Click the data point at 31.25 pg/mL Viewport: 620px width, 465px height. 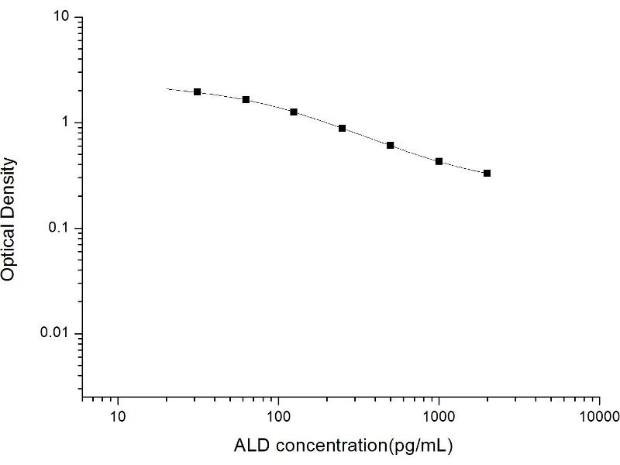[198, 91]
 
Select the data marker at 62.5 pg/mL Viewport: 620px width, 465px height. [246, 99]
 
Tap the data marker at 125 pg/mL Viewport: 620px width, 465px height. [294, 112]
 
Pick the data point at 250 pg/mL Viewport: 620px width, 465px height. [342, 128]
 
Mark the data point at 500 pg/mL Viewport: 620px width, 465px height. [391, 145]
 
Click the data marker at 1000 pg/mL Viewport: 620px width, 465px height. [439, 161]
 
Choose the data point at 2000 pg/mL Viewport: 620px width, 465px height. [487, 173]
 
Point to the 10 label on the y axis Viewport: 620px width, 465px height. [64, 17]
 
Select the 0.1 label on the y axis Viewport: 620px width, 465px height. [61, 228]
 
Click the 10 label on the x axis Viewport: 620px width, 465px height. [118, 419]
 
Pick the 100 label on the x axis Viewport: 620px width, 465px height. [278, 419]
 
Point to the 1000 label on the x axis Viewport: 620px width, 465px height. [439, 419]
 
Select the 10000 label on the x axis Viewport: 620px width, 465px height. [599, 419]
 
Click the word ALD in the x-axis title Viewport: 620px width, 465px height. [250, 446]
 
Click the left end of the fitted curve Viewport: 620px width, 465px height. [167, 89]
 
